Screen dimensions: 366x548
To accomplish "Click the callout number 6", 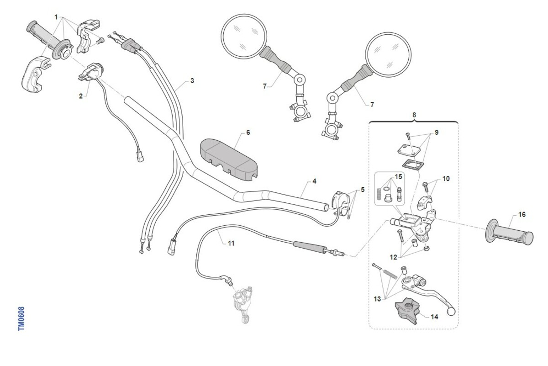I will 248,133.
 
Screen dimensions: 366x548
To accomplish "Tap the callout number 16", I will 522,214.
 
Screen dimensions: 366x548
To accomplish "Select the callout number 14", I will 434,316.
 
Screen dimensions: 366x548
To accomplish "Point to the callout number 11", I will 231,243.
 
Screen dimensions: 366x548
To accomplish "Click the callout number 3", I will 192,80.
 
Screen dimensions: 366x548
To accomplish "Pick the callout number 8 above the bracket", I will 414,115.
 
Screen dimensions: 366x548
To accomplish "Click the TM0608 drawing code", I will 21,318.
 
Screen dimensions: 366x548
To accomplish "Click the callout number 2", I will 81,96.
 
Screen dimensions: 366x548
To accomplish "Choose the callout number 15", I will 399,176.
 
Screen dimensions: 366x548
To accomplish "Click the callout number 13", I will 377,299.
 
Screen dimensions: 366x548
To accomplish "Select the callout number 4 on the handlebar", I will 315,181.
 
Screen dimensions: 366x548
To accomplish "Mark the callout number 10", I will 446,179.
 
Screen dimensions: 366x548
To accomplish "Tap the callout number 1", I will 56,17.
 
